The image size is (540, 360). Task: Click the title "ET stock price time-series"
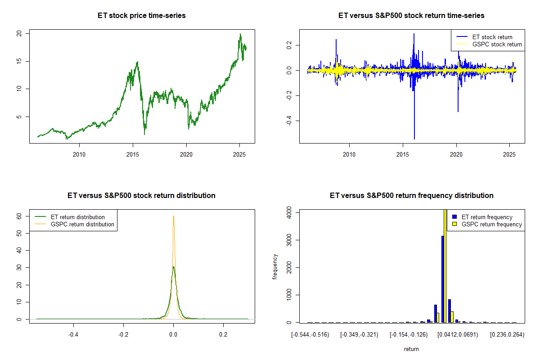click(x=141, y=16)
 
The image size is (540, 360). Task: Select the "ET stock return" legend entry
click(x=484, y=37)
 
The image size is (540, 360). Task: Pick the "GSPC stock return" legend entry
click(x=489, y=45)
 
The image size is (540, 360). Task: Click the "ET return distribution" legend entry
click(x=70, y=217)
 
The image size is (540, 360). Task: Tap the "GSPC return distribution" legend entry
click(x=74, y=224)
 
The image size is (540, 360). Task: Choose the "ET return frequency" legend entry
click(x=482, y=217)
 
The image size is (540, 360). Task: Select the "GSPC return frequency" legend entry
click(x=487, y=224)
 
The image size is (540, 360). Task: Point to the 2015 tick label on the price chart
click(x=133, y=154)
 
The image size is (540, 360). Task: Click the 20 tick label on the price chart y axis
click(x=19, y=33)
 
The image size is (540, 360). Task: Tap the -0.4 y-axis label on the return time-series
click(x=289, y=121)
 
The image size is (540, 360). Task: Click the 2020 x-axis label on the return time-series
click(x=456, y=154)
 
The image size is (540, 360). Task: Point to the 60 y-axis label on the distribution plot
click(x=19, y=216)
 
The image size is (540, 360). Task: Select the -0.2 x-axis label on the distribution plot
click(x=123, y=335)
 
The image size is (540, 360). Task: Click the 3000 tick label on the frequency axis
click(x=289, y=240)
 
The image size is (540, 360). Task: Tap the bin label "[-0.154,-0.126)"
click(x=409, y=335)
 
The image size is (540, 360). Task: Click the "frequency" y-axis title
click(x=275, y=267)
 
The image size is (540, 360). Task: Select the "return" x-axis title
click(x=411, y=349)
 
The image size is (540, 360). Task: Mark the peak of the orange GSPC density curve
click(x=174, y=216)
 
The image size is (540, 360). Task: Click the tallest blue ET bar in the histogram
click(x=443, y=279)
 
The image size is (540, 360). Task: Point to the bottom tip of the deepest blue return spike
click(x=414, y=139)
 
